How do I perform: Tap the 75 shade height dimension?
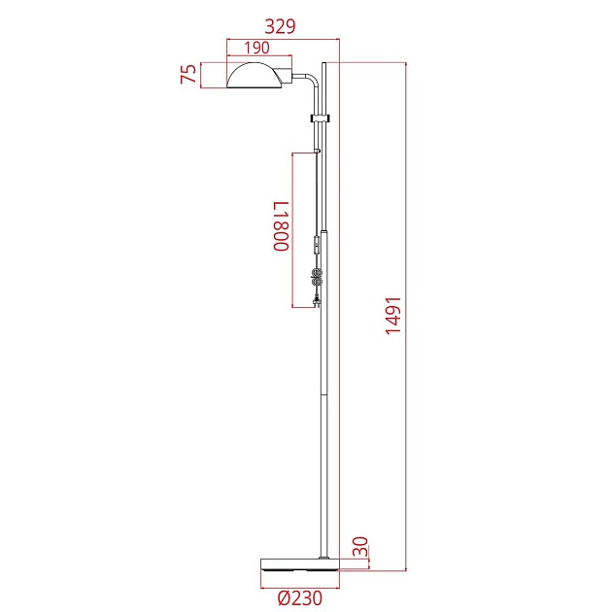(189, 75)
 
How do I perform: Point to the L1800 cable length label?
(280, 226)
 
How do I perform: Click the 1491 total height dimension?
(392, 315)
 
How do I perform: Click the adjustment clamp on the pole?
(321, 119)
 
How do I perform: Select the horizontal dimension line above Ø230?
(299, 588)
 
